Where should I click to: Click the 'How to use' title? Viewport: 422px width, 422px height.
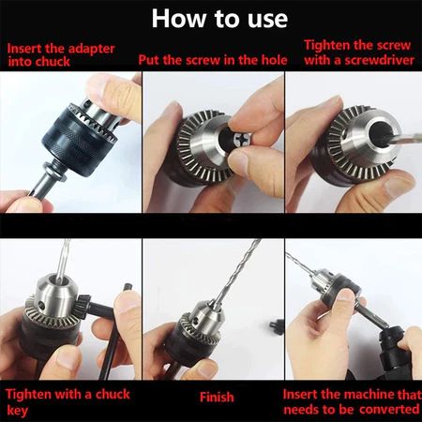coord(219,19)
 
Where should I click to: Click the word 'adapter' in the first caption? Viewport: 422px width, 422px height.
coord(92,49)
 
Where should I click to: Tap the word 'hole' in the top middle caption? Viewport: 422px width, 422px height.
coord(274,60)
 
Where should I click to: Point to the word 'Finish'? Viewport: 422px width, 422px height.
coord(217,397)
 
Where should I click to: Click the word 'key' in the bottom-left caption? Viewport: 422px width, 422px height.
coord(17,410)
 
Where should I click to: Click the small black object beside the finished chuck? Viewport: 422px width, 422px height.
coord(277,326)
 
